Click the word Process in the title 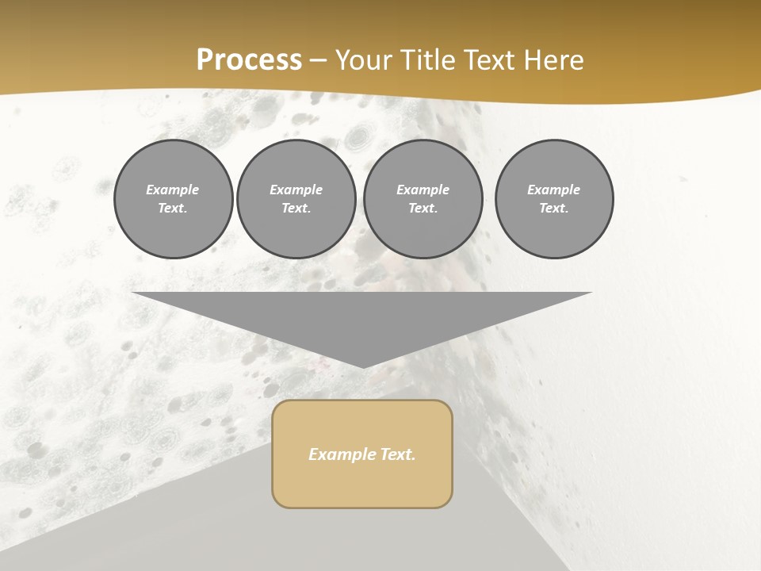point(249,60)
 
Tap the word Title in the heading point(426,60)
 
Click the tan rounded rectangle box point(362,484)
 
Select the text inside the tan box point(362,454)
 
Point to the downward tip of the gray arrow point(363,366)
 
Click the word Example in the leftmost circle point(173,190)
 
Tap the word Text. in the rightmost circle point(554,208)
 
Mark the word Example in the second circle point(296,190)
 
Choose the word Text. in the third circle point(423,208)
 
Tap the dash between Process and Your point(319,61)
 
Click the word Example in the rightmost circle point(554,190)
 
